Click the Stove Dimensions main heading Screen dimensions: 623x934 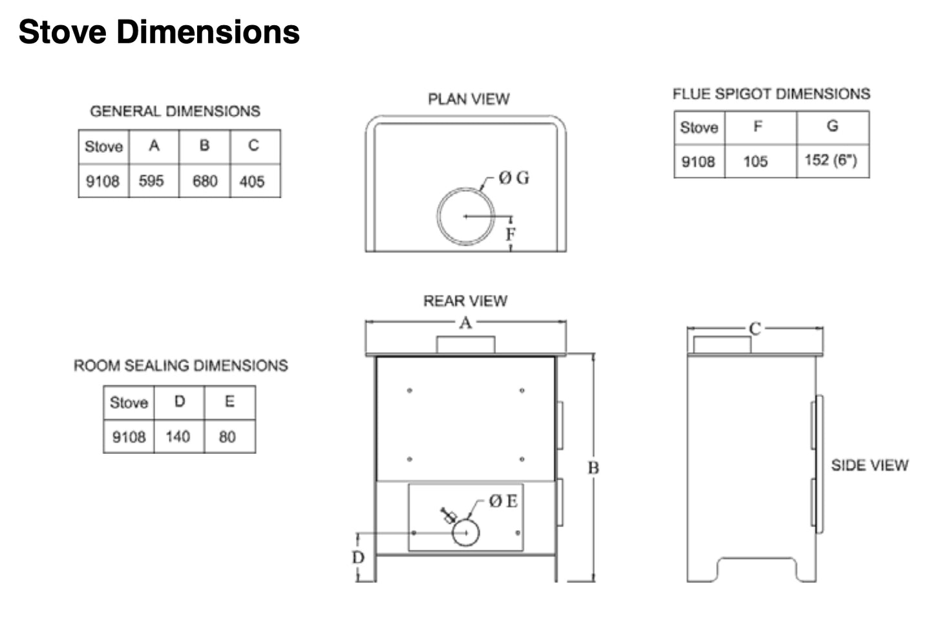159,32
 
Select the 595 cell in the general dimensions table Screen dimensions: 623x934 151,181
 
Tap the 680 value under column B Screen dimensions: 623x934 204,181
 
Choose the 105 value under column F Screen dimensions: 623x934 756,161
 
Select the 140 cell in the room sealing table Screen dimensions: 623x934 178,437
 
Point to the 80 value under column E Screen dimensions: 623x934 227,437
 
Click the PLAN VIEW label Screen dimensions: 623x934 469,99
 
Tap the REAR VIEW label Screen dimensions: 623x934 465,301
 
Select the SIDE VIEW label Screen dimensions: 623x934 869,465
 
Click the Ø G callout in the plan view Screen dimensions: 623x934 514,178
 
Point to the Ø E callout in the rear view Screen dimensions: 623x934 503,501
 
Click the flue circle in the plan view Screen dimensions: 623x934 465,216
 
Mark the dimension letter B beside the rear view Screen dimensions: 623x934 593,467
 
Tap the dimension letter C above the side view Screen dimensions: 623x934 755,329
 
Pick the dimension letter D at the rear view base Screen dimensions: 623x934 358,557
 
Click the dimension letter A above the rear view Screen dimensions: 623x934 465,323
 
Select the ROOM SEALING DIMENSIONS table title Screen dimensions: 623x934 181,365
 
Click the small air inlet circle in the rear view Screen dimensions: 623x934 465,533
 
